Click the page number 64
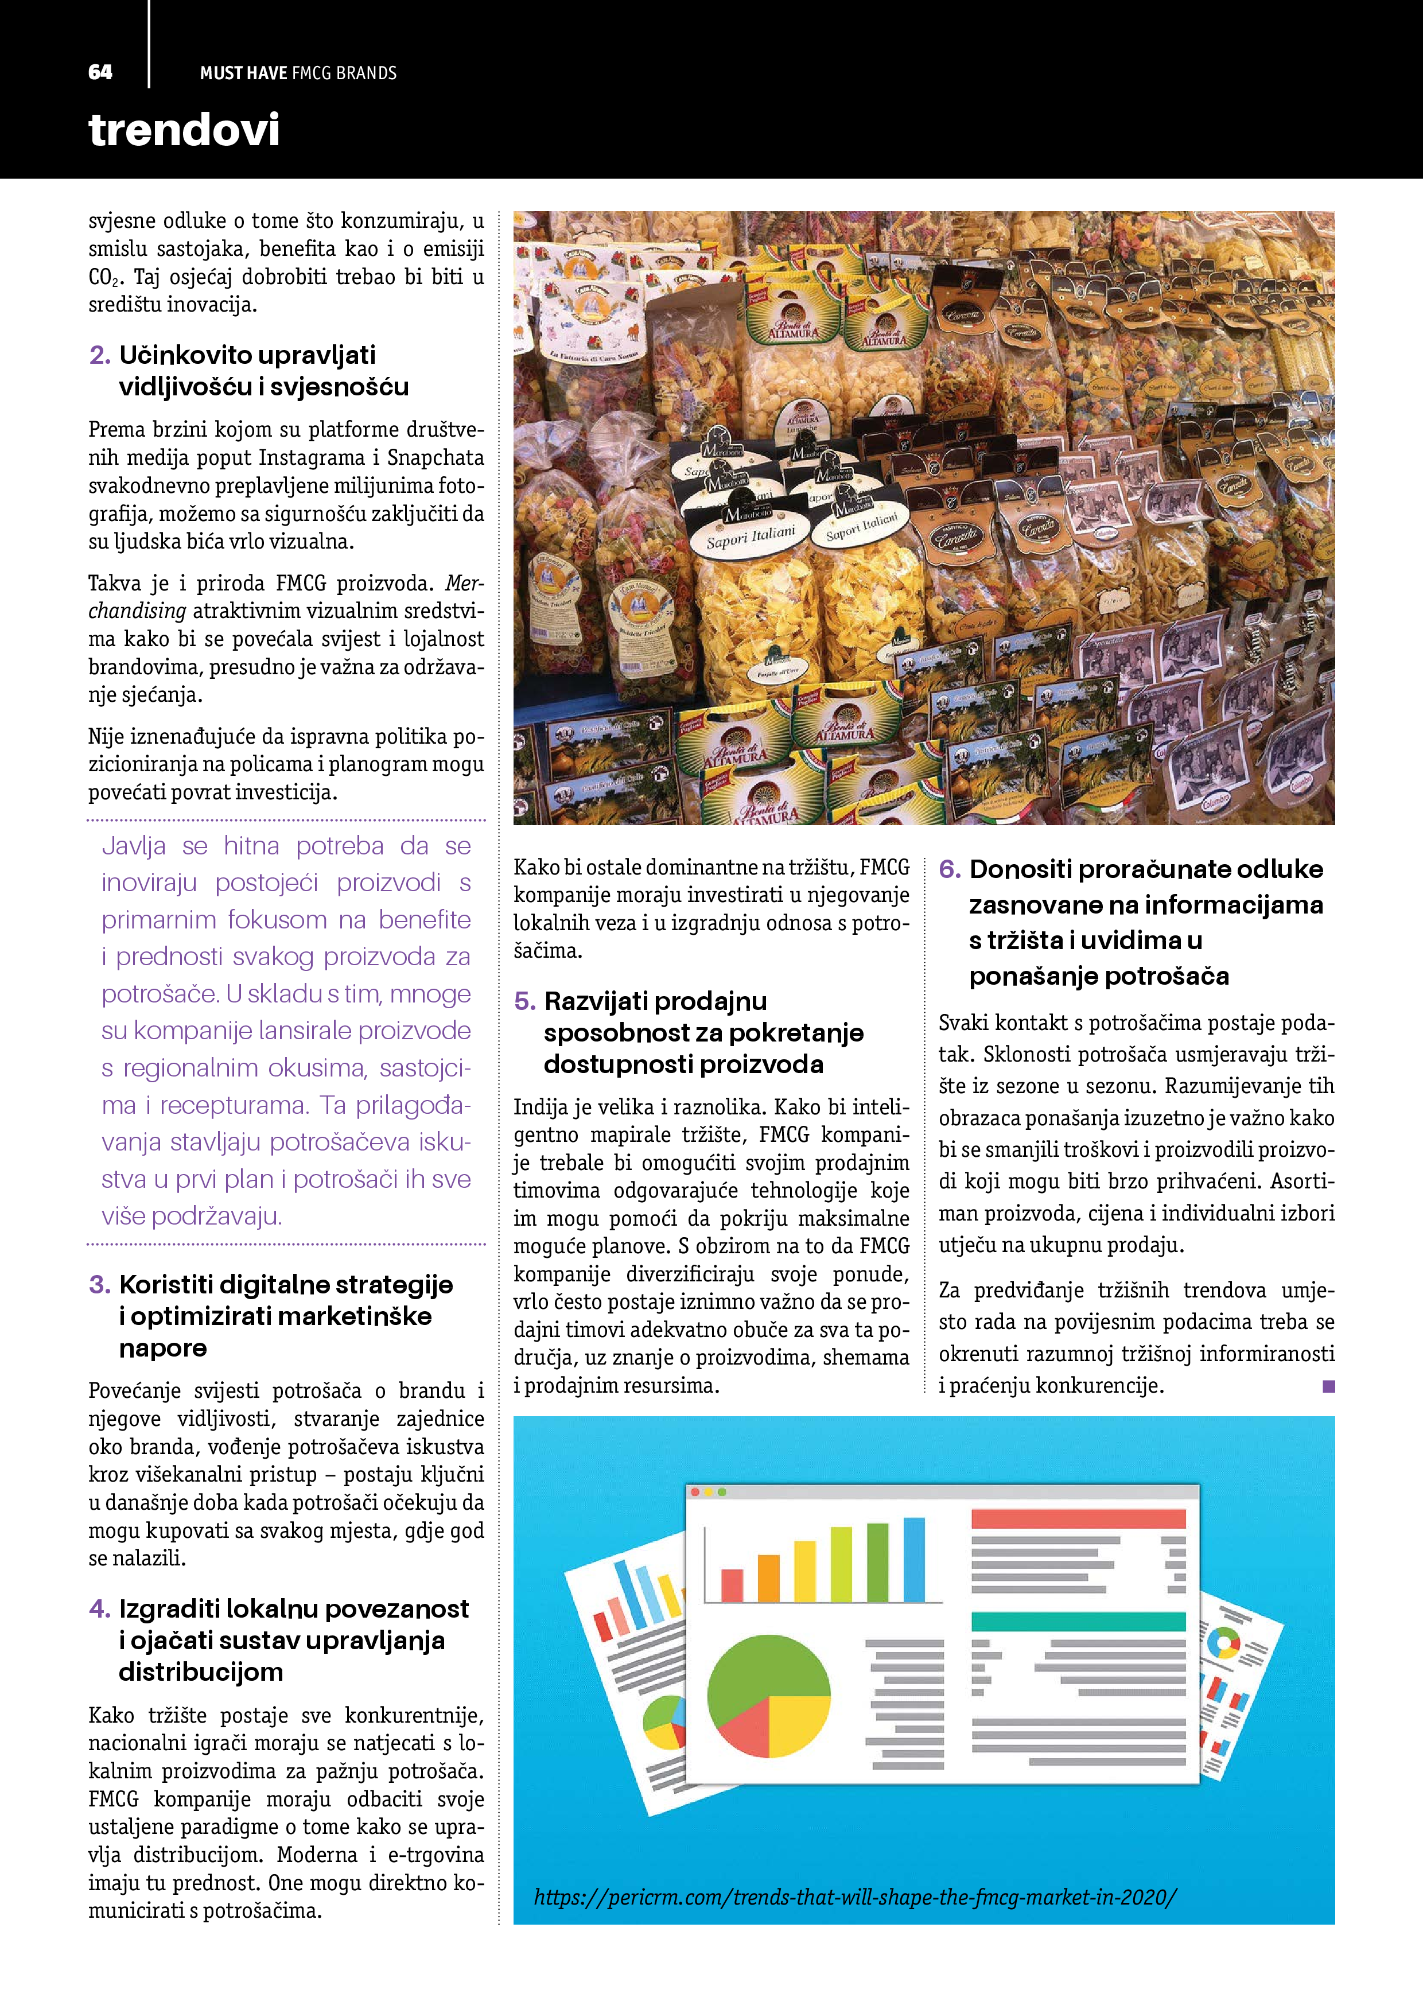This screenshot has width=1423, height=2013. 100,72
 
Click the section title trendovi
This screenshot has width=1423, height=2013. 184,130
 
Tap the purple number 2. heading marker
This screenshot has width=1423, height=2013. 99,355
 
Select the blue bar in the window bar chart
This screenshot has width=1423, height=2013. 913,1561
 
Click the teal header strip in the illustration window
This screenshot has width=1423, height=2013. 1078,1621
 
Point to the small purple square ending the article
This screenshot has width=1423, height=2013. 1328,1386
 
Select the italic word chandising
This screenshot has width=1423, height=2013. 137,611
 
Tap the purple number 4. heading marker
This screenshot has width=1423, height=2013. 99,1609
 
